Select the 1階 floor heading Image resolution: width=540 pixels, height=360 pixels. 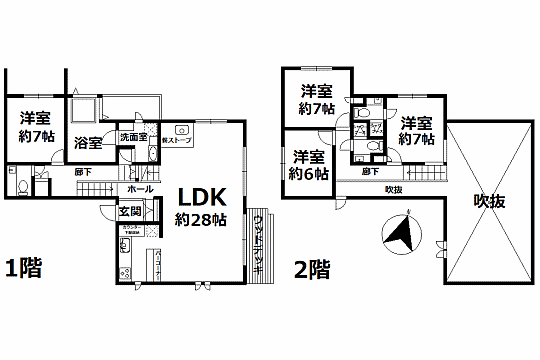(24, 269)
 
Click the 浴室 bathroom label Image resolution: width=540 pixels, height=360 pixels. (88, 142)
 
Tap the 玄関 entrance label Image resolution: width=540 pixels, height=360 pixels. (130, 211)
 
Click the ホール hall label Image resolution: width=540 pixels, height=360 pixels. (140, 189)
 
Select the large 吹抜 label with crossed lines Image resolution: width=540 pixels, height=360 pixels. (489, 200)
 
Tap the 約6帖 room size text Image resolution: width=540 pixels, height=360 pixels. (307, 174)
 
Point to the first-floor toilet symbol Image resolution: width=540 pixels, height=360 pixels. (22, 185)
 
